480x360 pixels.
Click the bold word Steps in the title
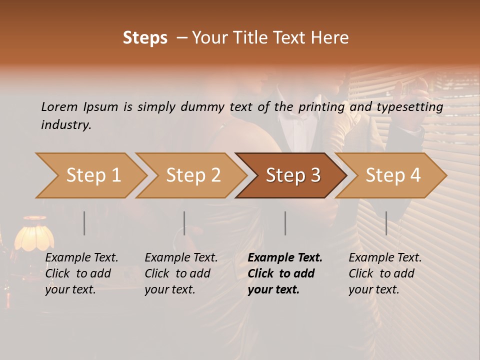tap(145, 38)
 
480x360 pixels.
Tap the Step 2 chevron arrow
tap(192, 175)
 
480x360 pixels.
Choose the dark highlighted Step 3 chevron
tap(292, 175)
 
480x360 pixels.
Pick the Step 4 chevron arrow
tap(392, 175)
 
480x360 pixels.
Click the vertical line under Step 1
tap(84, 223)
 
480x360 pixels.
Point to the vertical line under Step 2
tap(184, 223)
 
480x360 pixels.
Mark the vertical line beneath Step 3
tap(285, 223)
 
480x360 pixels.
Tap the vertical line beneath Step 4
tap(386, 223)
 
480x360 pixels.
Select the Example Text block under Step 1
tap(81, 273)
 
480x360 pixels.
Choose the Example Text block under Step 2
tap(180, 273)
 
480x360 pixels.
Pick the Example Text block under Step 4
tap(384, 273)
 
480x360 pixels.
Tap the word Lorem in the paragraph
tap(59, 107)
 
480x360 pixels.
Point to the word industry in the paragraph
tap(66, 125)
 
